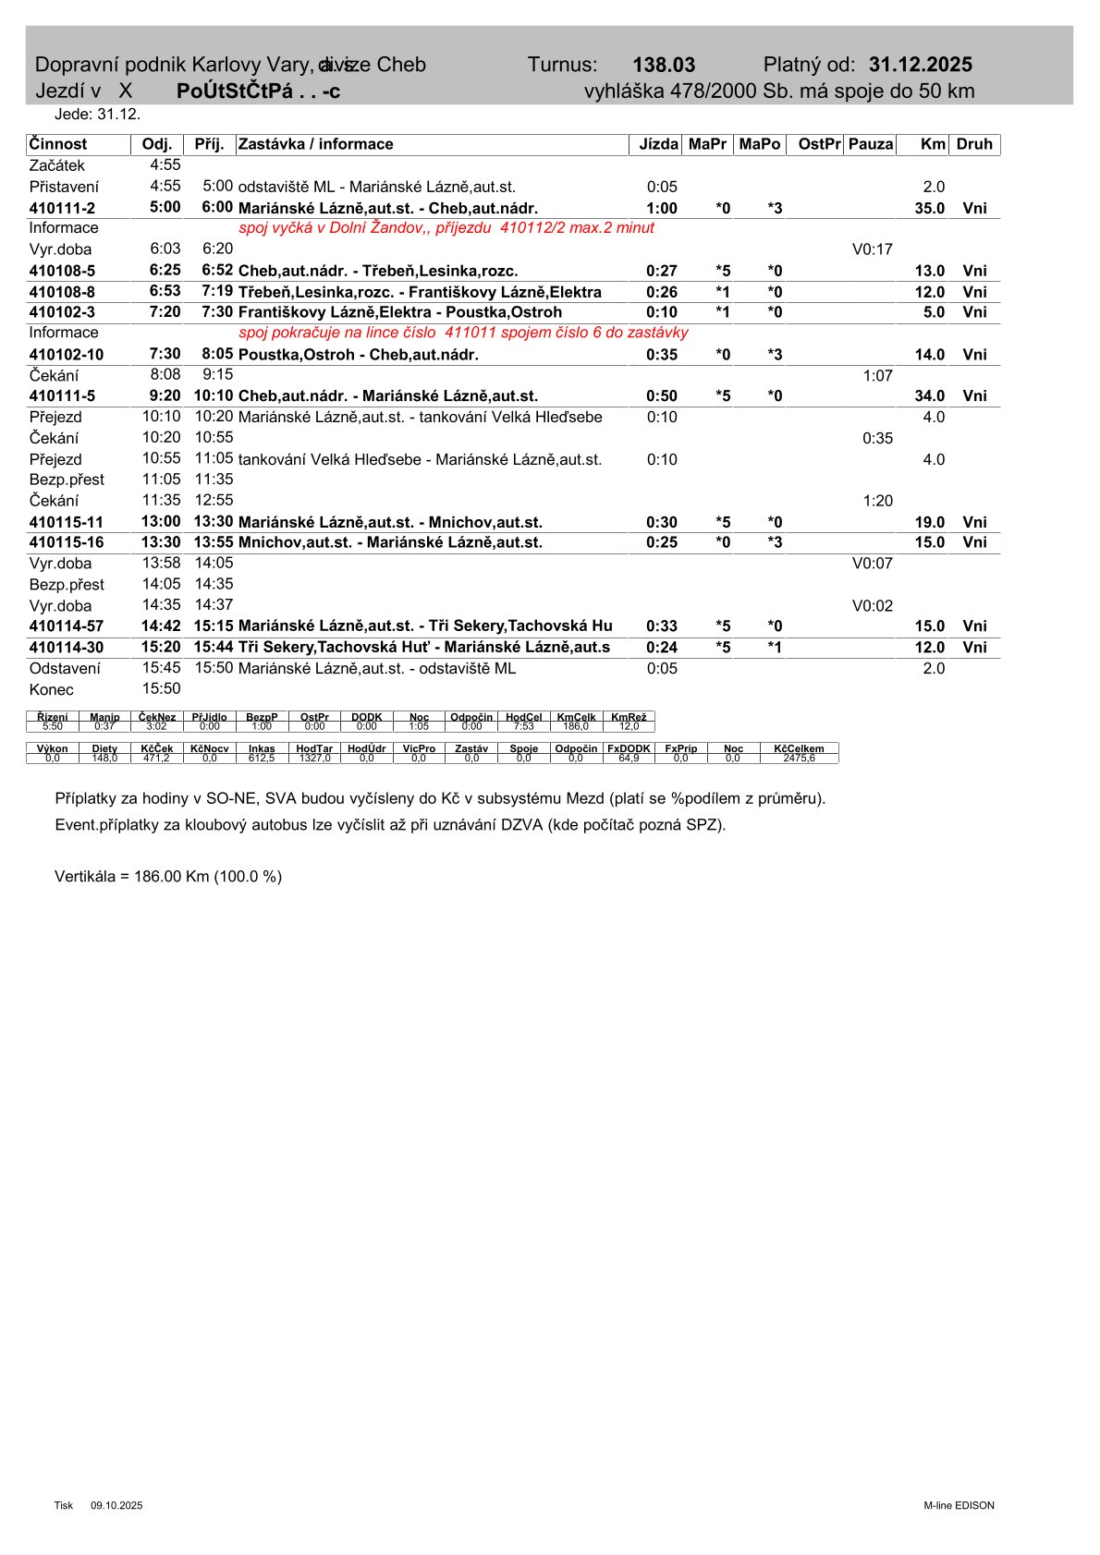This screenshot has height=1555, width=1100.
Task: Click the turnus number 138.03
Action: (x=664, y=66)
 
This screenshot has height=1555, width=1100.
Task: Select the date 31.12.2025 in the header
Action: (x=920, y=65)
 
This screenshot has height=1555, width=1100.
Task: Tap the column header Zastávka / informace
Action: (x=316, y=144)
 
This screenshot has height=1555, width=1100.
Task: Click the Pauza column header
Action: (x=871, y=144)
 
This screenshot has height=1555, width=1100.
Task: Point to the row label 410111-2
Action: (x=62, y=209)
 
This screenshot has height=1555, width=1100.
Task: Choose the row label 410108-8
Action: (x=62, y=293)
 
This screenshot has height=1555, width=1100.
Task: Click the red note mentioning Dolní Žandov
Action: (x=446, y=228)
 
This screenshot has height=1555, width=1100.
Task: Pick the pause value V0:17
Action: (x=872, y=249)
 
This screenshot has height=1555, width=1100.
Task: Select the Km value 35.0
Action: (x=929, y=209)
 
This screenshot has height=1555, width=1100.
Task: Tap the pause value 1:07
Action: (x=877, y=376)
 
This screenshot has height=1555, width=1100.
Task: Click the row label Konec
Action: (x=51, y=690)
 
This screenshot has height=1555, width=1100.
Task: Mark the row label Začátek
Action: (x=56, y=166)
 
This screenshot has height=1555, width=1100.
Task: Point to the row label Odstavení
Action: (x=65, y=669)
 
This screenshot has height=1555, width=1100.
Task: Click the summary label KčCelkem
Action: (x=799, y=748)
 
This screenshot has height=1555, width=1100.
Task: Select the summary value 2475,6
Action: (x=799, y=759)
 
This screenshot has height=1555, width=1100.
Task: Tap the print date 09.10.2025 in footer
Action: (x=116, y=1506)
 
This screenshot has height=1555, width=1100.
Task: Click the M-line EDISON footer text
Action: (x=959, y=1506)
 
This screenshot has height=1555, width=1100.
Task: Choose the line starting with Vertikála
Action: (x=168, y=877)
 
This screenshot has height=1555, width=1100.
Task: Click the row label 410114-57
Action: (x=67, y=627)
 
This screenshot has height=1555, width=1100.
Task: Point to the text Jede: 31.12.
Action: (x=97, y=115)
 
